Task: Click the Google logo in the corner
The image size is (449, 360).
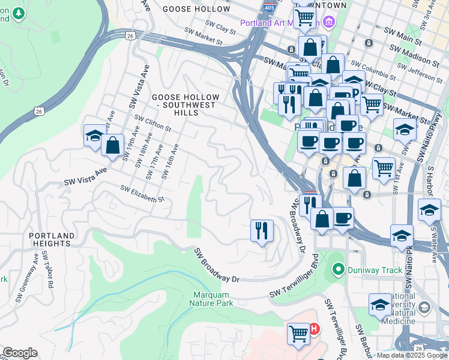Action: tap(20, 353)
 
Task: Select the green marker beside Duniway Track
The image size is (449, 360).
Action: tap(338, 270)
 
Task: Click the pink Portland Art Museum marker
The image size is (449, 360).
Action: tap(328, 23)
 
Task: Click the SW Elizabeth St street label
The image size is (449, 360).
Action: tap(142, 194)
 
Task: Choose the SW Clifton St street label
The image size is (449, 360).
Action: tap(153, 124)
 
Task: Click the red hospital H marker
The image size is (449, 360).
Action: tap(313, 329)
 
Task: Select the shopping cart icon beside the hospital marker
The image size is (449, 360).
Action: tap(298, 333)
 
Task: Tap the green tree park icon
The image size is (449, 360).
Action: tap(19, 12)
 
